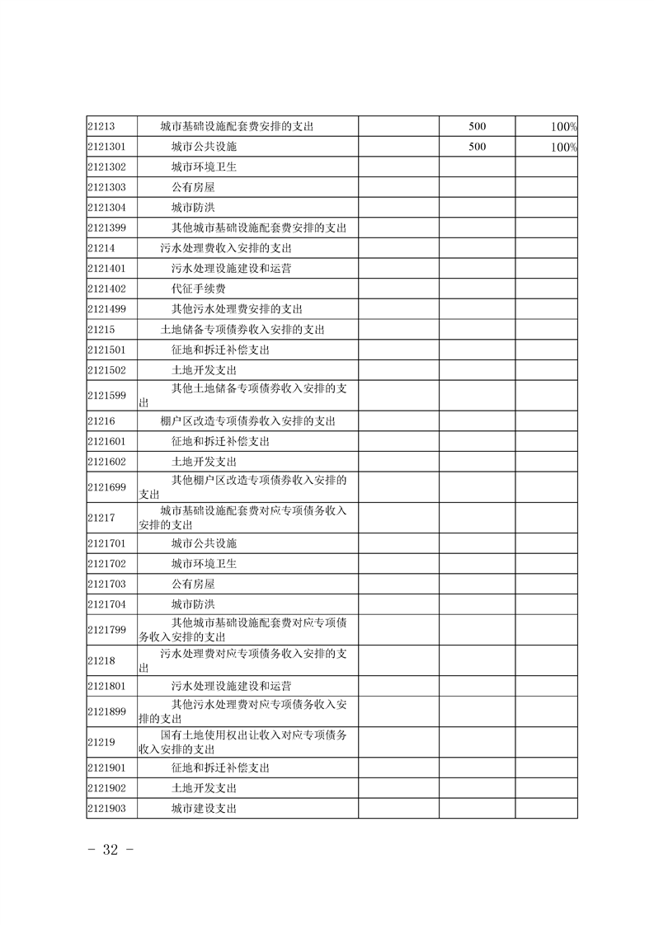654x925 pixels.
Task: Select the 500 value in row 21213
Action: pyautogui.click(x=477, y=127)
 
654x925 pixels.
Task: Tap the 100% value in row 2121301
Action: pyautogui.click(x=564, y=148)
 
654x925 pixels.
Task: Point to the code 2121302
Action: pyautogui.click(x=106, y=167)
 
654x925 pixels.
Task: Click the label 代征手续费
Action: pyautogui.click(x=199, y=289)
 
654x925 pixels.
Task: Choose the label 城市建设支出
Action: pyautogui.click(x=204, y=809)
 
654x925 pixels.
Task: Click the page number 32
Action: pyautogui.click(x=111, y=851)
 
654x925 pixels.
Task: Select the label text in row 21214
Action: pyautogui.click(x=227, y=248)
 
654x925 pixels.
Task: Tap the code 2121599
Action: pyautogui.click(x=106, y=396)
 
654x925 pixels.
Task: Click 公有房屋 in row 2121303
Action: pyautogui.click(x=193, y=188)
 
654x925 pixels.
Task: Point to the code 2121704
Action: pyautogui.click(x=106, y=604)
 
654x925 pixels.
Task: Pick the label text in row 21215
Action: pyautogui.click(x=242, y=330)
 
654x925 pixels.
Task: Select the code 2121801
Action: pyautogui.click(x=106, y=686)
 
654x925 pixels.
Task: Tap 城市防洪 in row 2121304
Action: pyautogui.click(x=193, y=208)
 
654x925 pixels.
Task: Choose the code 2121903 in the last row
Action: pyautogui.click(x=106, y=809)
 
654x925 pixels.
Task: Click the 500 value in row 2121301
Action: pyautogui.click(x=477, y=148)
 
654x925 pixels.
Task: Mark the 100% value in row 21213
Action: pyautogui.click(x=564, y=127)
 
